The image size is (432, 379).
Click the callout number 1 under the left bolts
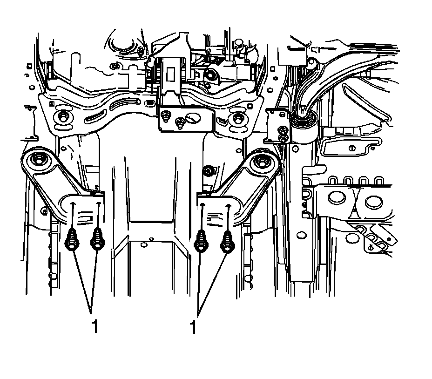pyautogui.click(x=95, y=327)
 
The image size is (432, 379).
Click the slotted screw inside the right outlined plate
pyautogui.click(x=351, y=149)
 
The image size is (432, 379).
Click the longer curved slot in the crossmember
pyautogui.click(x=123, y=103)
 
